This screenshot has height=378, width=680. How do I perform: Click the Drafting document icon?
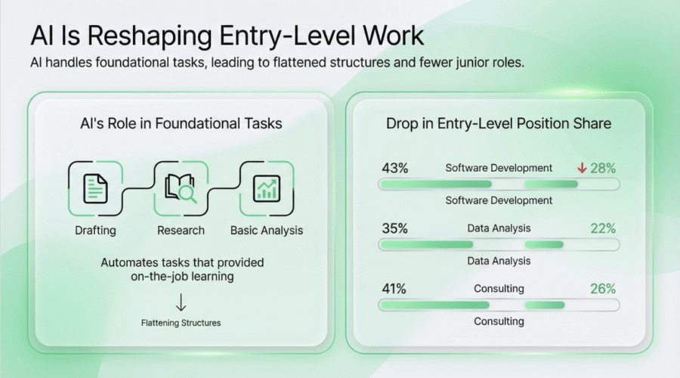(95, 188)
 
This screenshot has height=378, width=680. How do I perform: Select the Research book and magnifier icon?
(181, 188)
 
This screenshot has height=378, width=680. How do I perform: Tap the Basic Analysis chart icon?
(266, 188)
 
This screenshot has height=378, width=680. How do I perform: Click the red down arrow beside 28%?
(581, 168)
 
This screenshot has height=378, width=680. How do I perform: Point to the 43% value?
(394, 168)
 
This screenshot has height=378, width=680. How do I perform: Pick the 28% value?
(603, 168)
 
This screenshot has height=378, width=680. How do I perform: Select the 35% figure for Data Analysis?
(394, 228)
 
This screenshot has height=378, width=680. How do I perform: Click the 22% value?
(603, 228)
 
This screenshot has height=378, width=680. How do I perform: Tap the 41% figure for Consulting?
(394, 289)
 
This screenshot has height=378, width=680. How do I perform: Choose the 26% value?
(603, 289)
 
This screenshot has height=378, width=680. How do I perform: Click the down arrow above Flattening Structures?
(181, 303)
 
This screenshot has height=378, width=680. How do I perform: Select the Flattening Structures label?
(181, 323)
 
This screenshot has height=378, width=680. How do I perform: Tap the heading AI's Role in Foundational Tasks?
(181, 123)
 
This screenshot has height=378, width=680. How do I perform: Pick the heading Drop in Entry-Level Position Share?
(499, 123)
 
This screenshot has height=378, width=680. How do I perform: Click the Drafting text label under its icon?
(95, 230)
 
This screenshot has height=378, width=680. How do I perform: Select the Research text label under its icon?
(181, 230)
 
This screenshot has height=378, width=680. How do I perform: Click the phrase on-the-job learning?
(181, 277)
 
